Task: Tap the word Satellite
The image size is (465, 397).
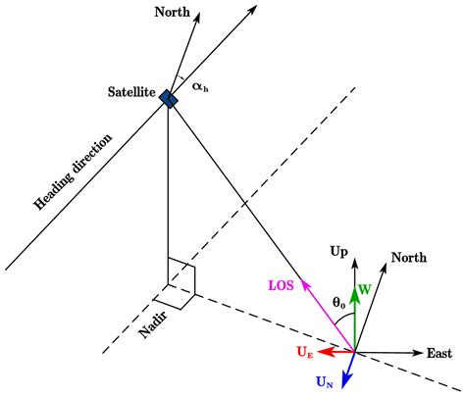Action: point(134,92)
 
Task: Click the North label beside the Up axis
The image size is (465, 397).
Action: point(409,258)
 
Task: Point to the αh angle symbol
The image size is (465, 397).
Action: point(200,85)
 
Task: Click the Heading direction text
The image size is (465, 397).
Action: point(75,169)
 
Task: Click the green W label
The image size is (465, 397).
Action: point(365,291)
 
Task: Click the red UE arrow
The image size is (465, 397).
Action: point(334,351)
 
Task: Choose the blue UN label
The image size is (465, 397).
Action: point(325,383)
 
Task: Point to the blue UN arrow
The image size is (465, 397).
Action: point(348,371)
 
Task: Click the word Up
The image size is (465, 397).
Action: point(339,253)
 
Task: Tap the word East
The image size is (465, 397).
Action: point(439,353)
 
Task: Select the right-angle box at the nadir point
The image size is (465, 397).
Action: point(182,276)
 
